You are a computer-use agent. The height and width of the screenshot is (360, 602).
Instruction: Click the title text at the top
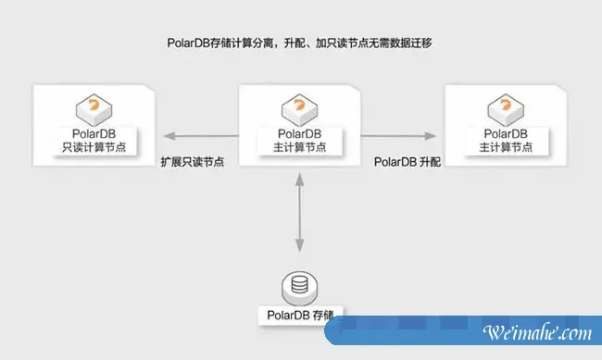click(x=300, y=43)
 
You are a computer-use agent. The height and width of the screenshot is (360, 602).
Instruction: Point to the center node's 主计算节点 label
click(x=299, y=149)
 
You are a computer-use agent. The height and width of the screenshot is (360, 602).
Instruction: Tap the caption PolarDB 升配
click(x=408, y=161)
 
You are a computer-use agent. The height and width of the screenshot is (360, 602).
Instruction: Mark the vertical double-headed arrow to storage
click(x=299, y=215)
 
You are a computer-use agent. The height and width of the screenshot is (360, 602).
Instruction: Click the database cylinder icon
click(x=299, y=283)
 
